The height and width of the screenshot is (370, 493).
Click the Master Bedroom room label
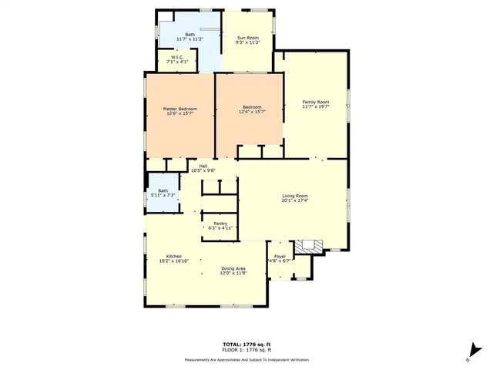point(179,109)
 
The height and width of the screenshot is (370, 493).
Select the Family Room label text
point(315,102)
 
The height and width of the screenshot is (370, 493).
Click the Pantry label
point(220,224)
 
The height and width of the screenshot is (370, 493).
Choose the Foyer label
point(280,256)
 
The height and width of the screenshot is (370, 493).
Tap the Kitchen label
point(174,256)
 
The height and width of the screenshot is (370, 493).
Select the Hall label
point(203,166)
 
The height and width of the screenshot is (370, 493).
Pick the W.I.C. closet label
point(176,57)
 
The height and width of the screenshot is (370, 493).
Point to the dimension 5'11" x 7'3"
point(163,196)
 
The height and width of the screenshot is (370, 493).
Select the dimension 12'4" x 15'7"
point(253,113)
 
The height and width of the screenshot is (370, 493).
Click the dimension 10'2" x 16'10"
point(174,261)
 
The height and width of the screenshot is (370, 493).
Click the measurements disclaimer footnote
point(246,360)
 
